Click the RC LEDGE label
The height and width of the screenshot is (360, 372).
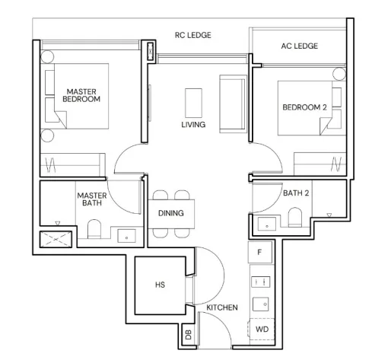193,35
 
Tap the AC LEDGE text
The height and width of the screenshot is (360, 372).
300,46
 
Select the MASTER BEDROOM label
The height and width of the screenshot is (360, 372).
81,95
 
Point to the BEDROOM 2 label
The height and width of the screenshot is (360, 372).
304,107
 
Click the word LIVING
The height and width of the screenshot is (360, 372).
193,125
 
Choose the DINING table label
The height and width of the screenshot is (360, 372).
171,213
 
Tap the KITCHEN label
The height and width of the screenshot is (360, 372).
222,307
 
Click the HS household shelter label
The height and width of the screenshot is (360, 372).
160,285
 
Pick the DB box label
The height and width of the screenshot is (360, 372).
189,335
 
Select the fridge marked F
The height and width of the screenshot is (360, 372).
259,252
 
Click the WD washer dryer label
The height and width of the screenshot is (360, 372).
262,330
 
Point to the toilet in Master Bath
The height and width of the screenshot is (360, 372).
94,229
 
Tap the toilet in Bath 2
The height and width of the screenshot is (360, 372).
295,217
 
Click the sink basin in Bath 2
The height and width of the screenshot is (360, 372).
267,224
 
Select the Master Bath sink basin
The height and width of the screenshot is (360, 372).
126,236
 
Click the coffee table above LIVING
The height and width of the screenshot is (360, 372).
193,103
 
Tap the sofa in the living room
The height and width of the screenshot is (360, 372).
233,104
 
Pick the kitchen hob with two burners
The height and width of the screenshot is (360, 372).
260,282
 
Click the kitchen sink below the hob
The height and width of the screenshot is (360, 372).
261,304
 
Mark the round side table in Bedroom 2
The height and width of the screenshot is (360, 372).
339,74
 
